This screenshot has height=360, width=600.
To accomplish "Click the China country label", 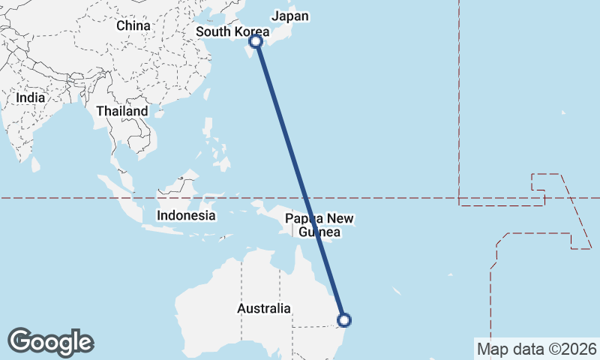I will tap(133, 25).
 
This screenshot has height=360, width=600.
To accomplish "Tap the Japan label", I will tap(290, 16).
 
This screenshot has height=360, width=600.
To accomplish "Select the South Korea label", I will tap(232, 31).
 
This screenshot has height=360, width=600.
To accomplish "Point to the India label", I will tap(31, 97).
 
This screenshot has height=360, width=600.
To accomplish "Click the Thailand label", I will tap(122, 111).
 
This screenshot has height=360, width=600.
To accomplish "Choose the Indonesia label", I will tap(186, 215).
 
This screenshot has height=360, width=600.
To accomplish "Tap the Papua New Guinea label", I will tap(319, 225).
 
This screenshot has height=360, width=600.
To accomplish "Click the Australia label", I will tap(263, 308).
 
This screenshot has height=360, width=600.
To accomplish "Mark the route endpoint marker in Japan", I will tap(256, 41).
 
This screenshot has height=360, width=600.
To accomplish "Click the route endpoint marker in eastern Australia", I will tap(343, 320).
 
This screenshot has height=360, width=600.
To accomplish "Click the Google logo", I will tap(50, 341).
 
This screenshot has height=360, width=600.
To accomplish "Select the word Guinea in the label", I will tap(319, 232).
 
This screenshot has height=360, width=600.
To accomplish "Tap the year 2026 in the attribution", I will tap(579, 349).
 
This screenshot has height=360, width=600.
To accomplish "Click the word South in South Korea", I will tap(212, 31).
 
